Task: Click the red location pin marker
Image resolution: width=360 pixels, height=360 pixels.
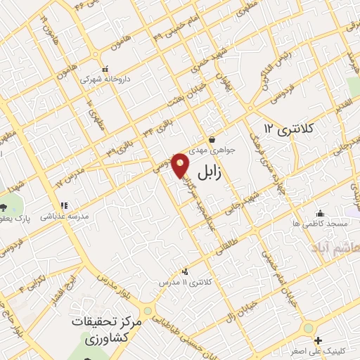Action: click(181, 165)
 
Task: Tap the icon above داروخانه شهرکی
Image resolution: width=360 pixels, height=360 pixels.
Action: click(107, 70)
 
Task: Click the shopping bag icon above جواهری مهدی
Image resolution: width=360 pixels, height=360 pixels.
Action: click(212, 139)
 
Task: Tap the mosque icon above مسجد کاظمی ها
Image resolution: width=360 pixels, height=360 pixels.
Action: click(321, 213)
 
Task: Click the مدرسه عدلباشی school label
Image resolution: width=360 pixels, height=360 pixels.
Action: click(65, 217)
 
